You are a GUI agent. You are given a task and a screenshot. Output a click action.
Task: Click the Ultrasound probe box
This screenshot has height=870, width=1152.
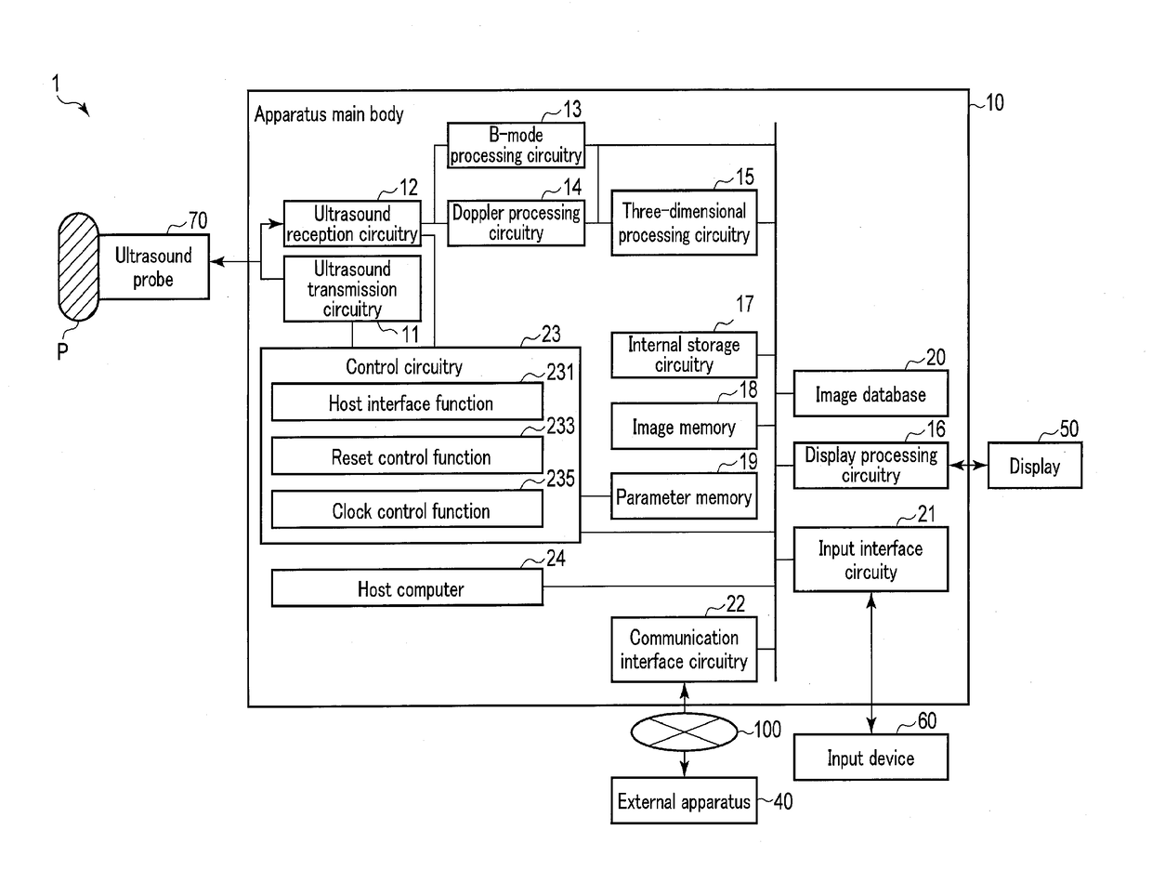(x=153, y=267)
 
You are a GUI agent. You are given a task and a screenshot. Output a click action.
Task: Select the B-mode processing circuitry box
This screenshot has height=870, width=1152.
(x=517, y=146)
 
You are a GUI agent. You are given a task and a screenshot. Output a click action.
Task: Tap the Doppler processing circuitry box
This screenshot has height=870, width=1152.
(x=517, y=223)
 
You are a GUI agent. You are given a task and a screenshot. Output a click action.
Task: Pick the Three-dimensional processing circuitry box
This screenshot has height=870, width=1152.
(x=684, y=223)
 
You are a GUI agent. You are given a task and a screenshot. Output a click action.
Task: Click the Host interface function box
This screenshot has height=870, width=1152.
(x=407, y=403)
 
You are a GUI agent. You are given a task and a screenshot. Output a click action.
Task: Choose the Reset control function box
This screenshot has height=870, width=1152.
(x=407, y=457)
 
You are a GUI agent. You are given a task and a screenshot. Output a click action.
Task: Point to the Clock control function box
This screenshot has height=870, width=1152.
(x=407, y=510)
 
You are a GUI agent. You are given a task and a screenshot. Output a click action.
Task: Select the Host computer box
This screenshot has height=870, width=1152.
(x=407, y=588)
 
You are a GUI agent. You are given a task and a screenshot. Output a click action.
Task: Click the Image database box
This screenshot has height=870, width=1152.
(x=871, y=394)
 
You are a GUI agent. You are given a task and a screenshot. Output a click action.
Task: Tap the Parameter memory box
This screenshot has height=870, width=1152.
(x=684, y=497)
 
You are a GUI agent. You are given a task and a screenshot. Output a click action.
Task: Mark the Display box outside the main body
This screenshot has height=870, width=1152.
(x=1034, y=466)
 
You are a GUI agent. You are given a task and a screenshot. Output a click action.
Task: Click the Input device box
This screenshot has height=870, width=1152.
(x=871, y=758)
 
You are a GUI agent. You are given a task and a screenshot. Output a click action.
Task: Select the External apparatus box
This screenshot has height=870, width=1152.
(x=684, y=801)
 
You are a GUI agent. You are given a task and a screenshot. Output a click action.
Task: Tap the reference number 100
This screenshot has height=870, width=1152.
(x=766, y=730)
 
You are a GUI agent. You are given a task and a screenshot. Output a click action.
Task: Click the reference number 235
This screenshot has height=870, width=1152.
(x=561, y=479)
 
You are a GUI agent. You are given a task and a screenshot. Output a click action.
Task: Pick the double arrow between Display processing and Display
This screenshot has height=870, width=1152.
(x=967, y=466)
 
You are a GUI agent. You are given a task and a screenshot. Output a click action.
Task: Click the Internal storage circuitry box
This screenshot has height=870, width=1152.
(x=684, y=355)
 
